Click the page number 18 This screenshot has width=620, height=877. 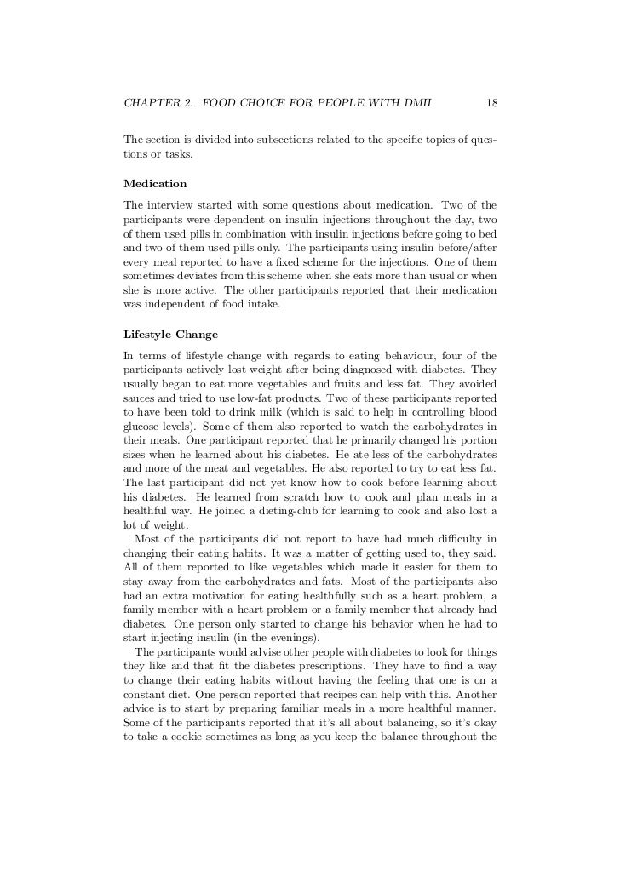pyautogui.click(x=491, y=104)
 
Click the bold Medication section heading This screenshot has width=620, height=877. pyautogui.click(x=155, y=184)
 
